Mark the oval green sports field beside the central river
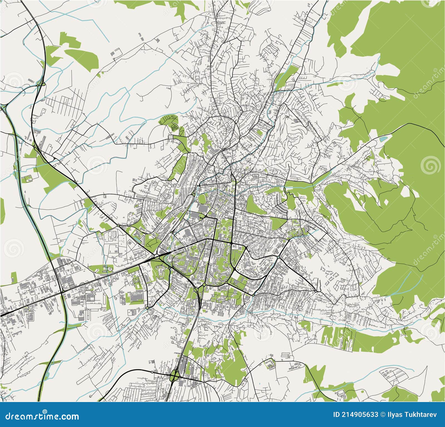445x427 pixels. [x=202, y=199]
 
